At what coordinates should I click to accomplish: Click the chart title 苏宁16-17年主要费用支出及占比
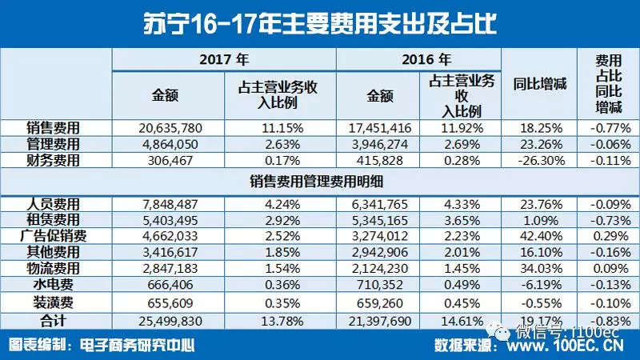pos(319,22)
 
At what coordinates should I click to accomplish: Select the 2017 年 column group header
pos(223,59)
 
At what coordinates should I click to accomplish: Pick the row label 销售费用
pos(55,127)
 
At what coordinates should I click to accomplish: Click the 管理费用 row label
pos(55,144)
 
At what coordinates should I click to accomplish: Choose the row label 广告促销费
pos(55,236)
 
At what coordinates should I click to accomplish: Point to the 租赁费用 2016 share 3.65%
pos(459,219)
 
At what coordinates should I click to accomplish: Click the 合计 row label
pos(55,321)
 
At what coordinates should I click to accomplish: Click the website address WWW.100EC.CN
pos(561,346)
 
